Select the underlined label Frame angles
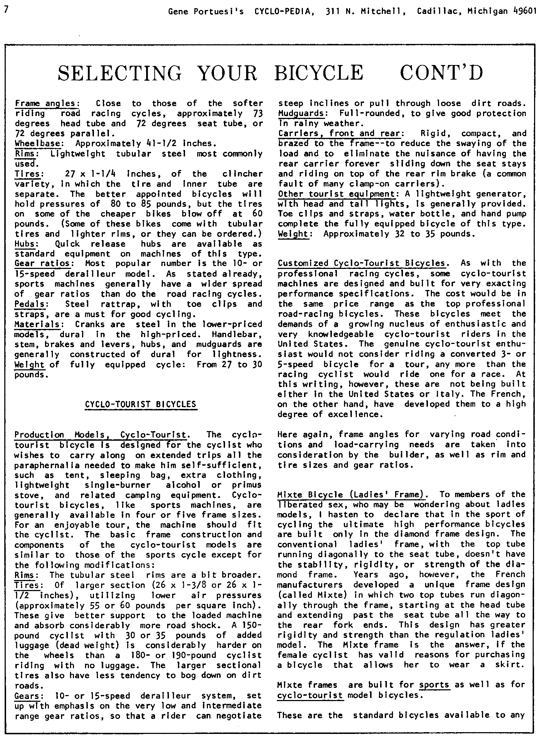click(46, 104)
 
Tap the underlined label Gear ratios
click(43, 264)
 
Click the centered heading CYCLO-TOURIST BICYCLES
click(141, 404)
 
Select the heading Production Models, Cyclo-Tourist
click(100, 435)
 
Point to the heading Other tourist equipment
click(337, 194)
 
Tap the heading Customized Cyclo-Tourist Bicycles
click(361, 264)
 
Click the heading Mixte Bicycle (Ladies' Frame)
click(352, 495)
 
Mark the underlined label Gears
click(28, 696)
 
